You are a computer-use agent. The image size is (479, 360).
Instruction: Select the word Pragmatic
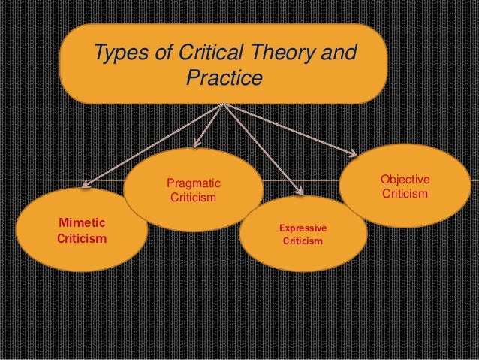click(x=193, y=183)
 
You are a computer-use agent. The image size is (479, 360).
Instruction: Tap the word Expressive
click(x=303, y=227)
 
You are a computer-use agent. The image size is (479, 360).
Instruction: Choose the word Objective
click(x=405, y=180)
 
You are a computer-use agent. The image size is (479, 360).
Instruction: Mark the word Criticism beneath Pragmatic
click(x=193, y=198)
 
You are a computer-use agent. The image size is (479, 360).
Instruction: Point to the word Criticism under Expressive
click(x=303, y=241)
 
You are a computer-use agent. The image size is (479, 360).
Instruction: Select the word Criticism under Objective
click(x=405, y=195)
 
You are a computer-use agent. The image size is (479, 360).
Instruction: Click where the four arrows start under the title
click(x=224, y=104)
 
